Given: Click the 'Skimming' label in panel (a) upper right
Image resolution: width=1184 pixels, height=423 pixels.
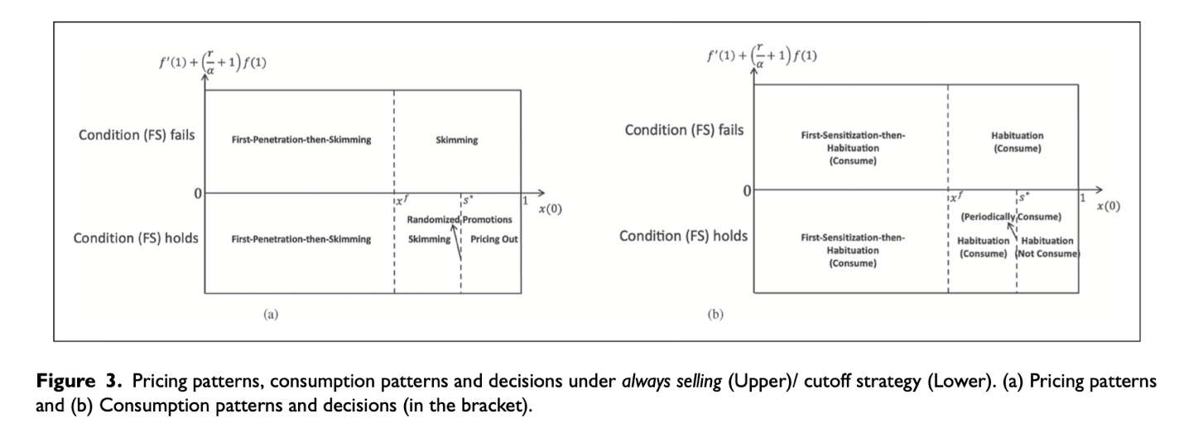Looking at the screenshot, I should [456, 141].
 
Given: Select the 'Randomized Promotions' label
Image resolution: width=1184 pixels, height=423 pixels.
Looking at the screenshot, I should [459, 219].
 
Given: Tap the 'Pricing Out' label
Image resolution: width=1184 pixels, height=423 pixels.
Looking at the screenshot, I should [493, 239].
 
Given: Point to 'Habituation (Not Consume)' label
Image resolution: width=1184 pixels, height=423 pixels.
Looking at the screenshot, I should [1047, 247].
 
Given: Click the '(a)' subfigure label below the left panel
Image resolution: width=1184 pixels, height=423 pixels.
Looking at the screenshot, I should [270, 315].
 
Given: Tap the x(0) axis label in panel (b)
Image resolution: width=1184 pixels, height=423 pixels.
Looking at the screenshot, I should [1109, 207].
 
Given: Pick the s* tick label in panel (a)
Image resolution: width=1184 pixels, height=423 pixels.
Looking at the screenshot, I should [467, 199].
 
